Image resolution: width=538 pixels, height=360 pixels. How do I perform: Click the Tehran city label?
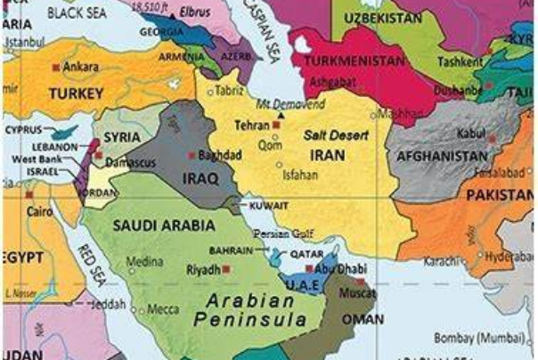click(x=251, y=127)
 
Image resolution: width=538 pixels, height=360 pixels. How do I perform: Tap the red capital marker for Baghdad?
click(x=192, y=155)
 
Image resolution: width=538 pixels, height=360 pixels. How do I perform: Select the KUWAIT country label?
click(x=269, y=205)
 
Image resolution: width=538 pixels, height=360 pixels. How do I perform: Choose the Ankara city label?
click(x=81, y=67)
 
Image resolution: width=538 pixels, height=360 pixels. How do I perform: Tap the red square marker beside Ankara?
click(x=56, y=67)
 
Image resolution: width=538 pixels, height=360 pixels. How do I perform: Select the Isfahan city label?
click(x=299, y=175)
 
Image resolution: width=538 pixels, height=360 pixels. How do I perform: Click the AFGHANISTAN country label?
click(x=443, y=156)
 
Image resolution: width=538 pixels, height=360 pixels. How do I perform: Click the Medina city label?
click(x=144, y=262)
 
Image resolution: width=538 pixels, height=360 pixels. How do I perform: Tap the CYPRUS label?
click(x=24, y=128)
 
